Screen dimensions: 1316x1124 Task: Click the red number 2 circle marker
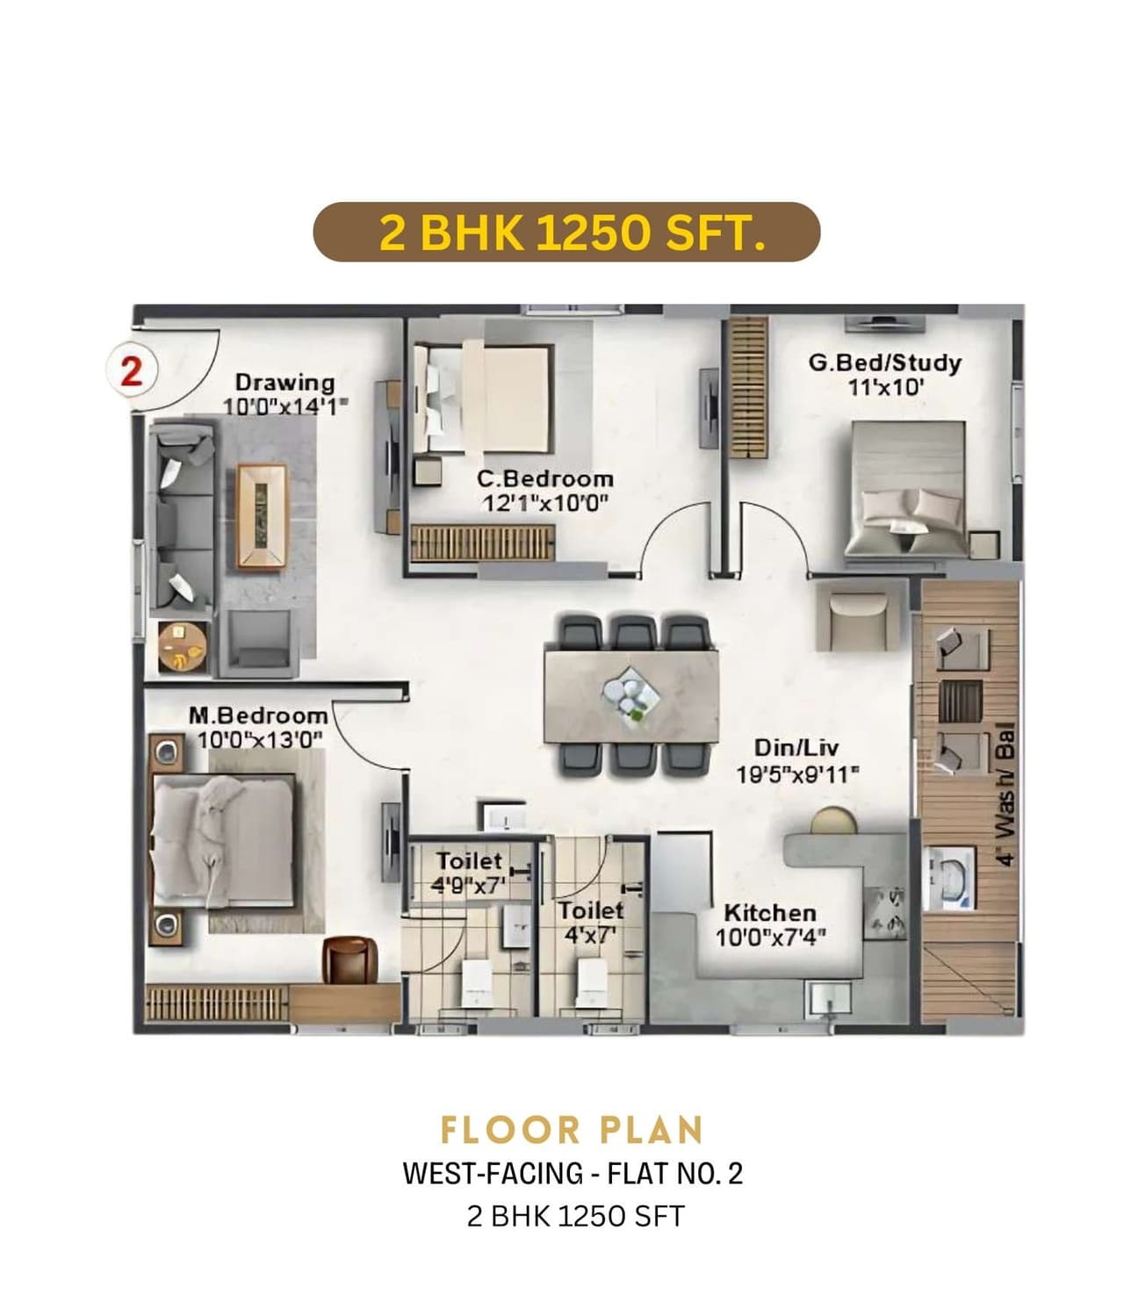(132, 371)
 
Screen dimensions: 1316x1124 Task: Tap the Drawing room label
(285, 383)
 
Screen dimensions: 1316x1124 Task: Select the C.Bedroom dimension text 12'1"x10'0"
(545, 503)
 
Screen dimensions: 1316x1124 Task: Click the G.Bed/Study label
(884, 363)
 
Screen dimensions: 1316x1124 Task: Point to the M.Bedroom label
(258, 716)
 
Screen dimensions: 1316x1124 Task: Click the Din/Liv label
(796, 748)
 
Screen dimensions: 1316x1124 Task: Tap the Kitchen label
(769, 913)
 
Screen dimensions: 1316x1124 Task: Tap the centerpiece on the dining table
(630, 691)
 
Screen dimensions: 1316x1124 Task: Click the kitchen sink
(828, 998)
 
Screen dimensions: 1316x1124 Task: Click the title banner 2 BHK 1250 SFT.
(566, 233)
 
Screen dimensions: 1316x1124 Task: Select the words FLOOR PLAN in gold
(572, 1130)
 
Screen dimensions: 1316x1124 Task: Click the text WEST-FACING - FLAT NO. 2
(573, 1174)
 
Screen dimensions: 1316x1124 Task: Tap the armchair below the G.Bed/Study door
(857, 618)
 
